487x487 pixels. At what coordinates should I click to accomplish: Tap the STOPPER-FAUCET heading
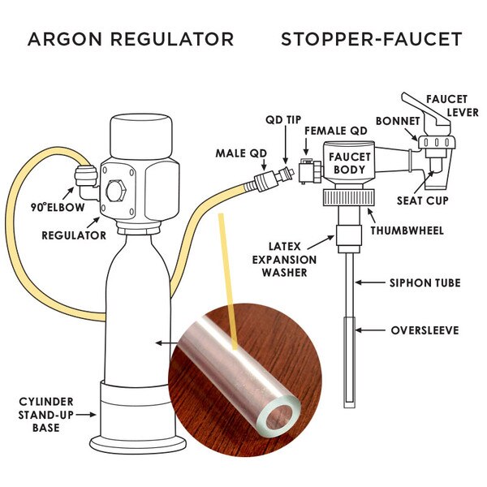click(x=372, y=39)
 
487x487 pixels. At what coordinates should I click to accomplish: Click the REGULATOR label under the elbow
click(x=74, y=235)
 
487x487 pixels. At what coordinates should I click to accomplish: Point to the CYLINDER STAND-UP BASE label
click(x=47, y=414)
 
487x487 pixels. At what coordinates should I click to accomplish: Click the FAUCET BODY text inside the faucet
click(x=350, y=163)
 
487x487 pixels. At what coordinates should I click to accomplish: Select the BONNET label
click(x=398, y=121)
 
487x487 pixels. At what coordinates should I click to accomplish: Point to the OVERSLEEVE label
click(x=425, y=330)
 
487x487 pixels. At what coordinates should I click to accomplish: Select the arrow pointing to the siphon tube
click(x=372, y=283)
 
